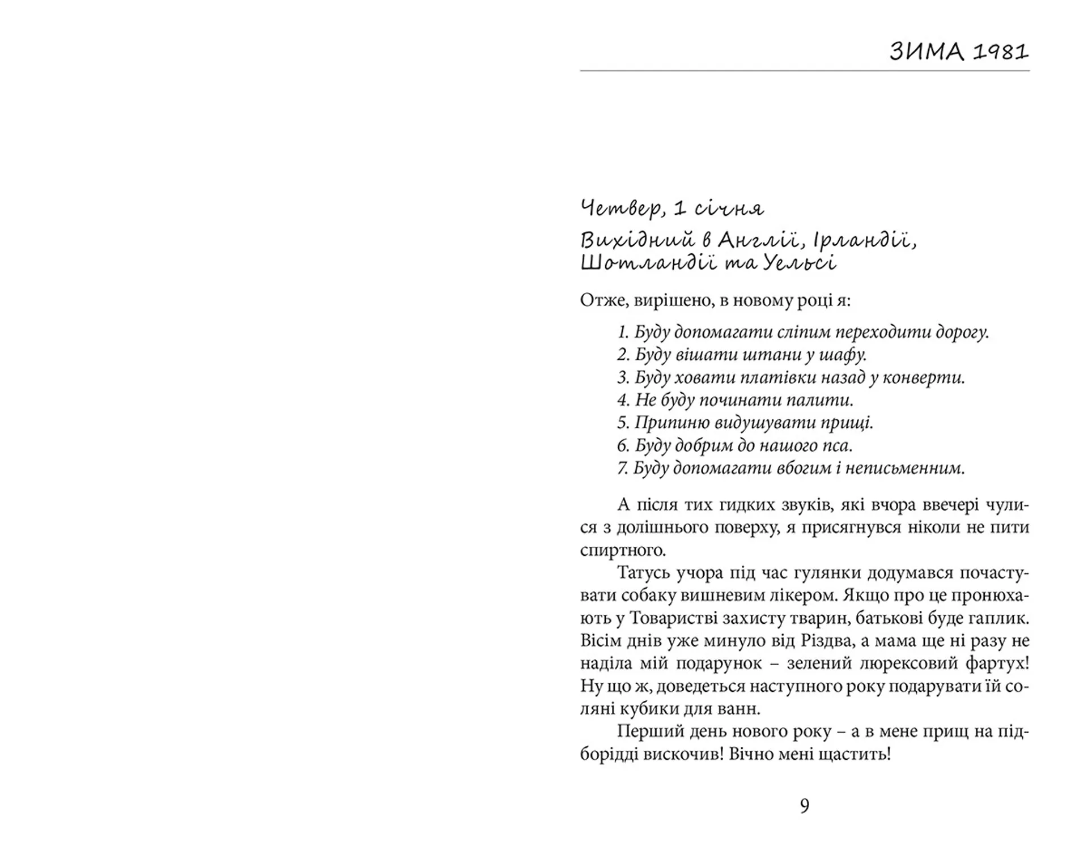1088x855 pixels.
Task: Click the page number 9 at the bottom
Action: point(805,805)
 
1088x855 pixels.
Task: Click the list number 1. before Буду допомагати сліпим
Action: point(623,332)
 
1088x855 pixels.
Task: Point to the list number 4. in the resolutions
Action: point(623,400)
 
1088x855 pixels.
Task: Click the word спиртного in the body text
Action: point(623,550)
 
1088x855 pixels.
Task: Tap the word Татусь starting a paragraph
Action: point(643,573)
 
